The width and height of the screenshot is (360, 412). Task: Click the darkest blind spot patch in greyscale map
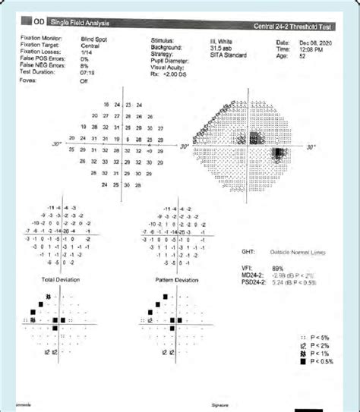point(279,156)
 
